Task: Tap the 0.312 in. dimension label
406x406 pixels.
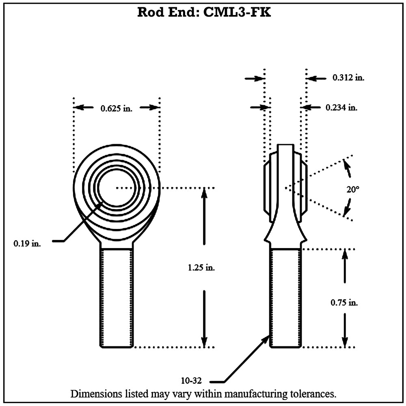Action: pyautogui.click(x=348, y=78)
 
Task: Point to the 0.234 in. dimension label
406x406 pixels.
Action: pyautogui.click(x=341, y=108)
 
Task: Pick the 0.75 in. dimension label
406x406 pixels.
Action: pyautogui.click(x=344, y=303)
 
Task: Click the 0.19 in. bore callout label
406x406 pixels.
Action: pyautogui.click(x=27, y=244)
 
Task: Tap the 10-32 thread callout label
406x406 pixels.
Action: pyautogui.click(x=191, y=381)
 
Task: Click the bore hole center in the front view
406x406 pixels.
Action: pyautogui.click(x=117, y=188)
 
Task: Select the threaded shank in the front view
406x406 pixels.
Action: pyautogui.click(x=117, y=298)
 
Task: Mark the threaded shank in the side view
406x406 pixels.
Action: pyautogui.click(x=285, y=298)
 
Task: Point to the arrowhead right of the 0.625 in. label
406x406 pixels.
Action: pyautogui.click(x=153, y=108)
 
